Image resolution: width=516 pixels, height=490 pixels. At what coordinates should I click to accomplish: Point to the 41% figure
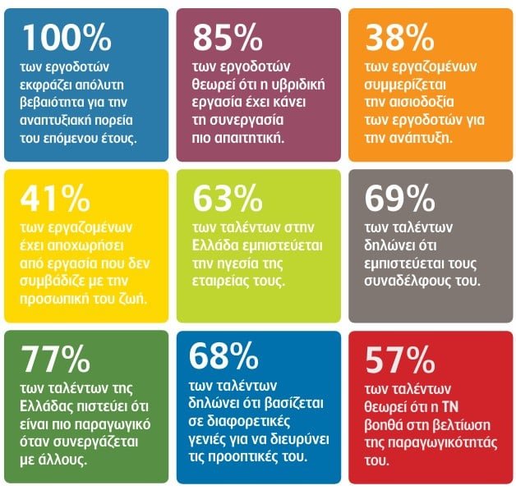[58, 199]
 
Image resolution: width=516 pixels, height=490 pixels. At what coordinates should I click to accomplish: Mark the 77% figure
[58, 359]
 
